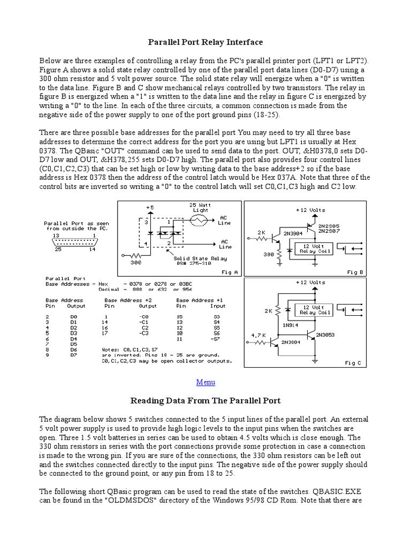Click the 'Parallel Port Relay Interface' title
pos(205,41)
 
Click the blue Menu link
pos(205,382)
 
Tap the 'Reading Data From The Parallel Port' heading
pos(205,400)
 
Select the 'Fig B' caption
pos(355,272)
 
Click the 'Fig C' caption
pos(353,363)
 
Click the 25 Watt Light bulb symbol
pos(200,220)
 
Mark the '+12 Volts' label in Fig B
pos(310,210)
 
